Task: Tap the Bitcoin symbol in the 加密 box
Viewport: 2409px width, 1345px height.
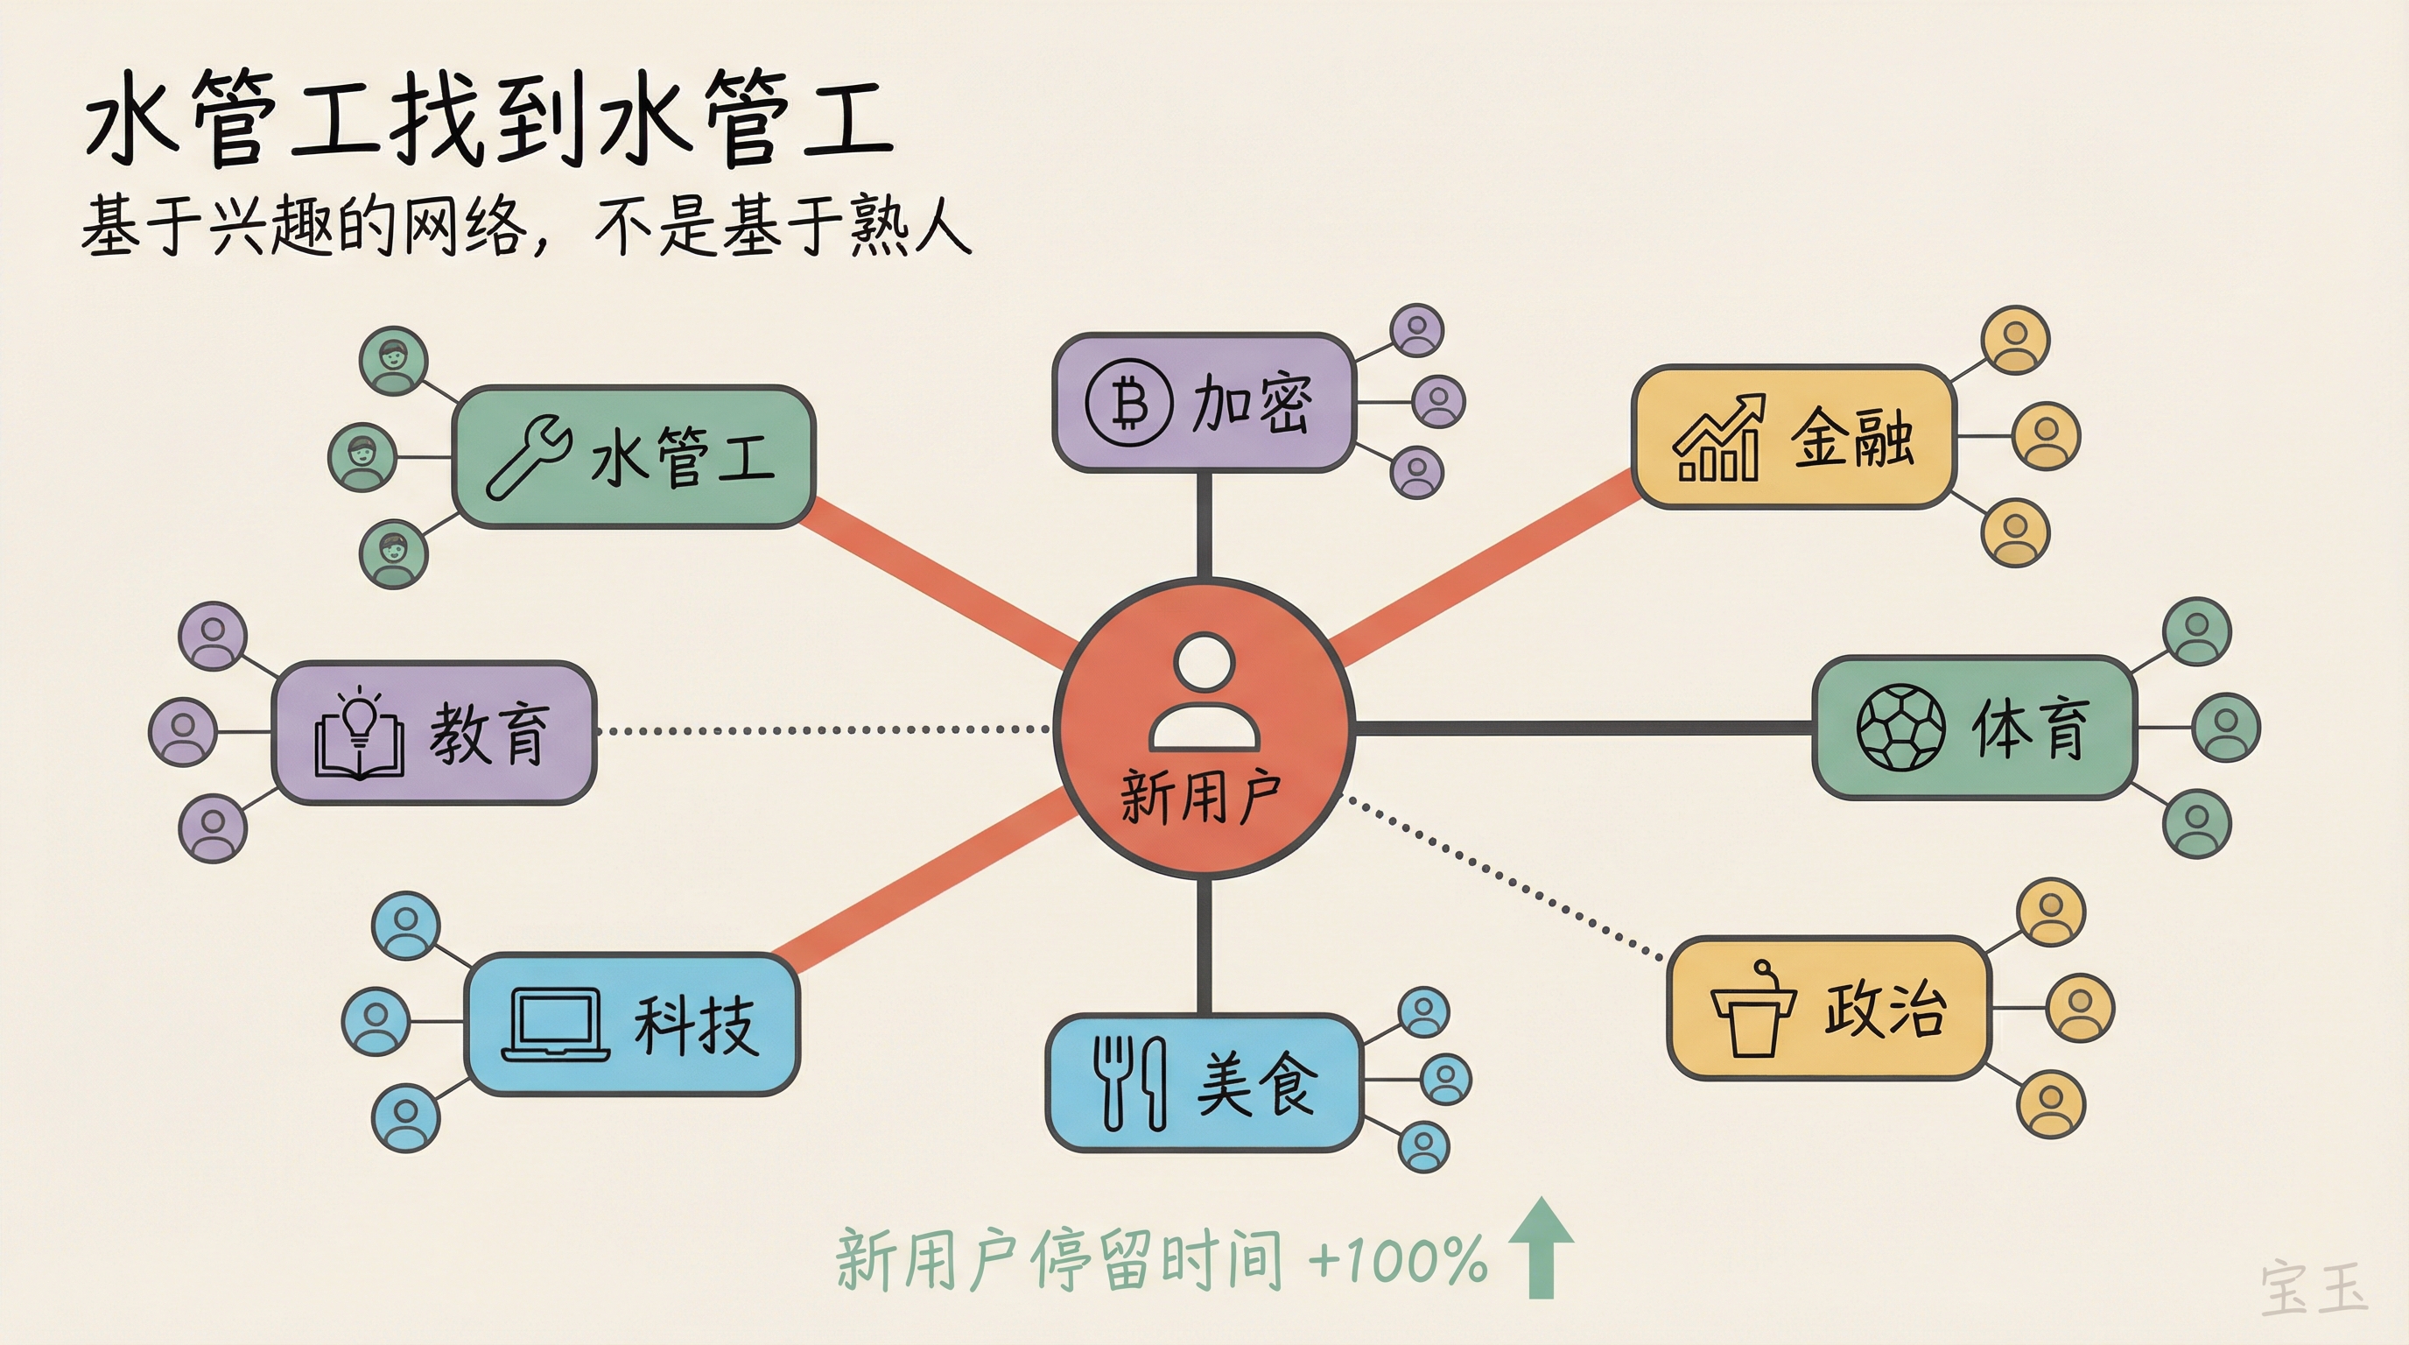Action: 1127,403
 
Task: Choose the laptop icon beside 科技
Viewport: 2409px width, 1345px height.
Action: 557,1026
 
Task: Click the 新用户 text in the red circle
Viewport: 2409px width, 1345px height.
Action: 1201,798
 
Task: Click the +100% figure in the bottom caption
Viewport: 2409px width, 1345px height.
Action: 1397,1259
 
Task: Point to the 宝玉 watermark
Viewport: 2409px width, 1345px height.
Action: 2314,1288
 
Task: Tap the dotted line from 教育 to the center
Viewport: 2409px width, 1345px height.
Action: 823,729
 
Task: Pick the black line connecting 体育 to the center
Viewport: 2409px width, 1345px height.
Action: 1580,728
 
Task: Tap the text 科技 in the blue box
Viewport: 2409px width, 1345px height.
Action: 695,1026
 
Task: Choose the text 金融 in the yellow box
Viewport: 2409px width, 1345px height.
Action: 1851,438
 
